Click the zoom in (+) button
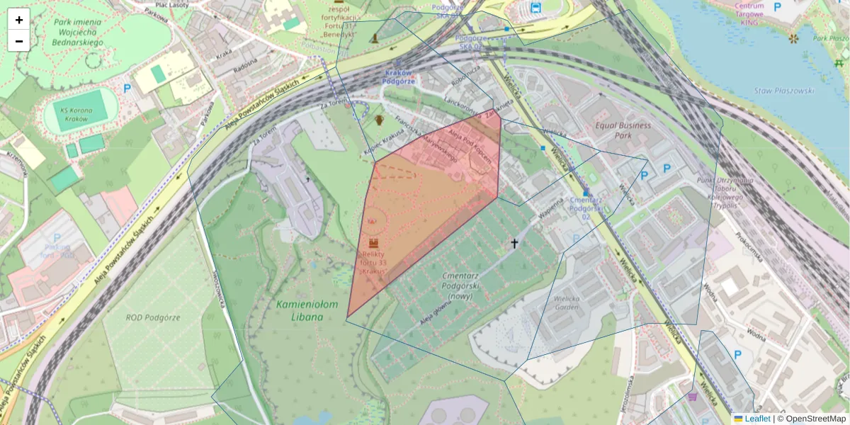point(19,20)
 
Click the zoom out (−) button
point(19,41)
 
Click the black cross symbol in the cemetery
point(515,244)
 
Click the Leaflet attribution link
point(757,419)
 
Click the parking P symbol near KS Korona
point(127,89)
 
